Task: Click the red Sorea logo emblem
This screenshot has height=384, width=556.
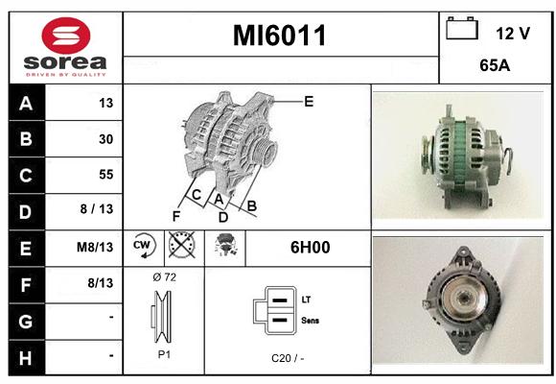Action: tap(66, 36)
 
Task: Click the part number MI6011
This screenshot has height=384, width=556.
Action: tap(279, 36)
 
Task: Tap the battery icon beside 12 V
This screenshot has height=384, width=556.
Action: tap(462, 29)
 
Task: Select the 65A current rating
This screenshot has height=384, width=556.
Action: tap(495, 65)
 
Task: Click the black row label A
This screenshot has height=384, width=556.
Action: tap(27, 103)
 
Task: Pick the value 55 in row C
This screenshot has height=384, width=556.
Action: tap(106, 175)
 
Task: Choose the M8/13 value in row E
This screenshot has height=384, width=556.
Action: tap(95, 247)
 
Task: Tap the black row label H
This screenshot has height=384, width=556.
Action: tap(27, 358)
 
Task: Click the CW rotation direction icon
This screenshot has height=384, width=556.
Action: tap(143, 245)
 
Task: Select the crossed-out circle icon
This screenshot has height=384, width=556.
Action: tap(182, 245)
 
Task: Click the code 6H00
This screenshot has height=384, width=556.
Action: tap(310, 248)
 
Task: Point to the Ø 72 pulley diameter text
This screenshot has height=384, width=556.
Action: tap(165, 277)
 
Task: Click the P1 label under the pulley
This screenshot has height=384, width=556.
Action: tap(164, 354)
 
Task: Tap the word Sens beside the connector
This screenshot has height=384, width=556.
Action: tap(311, 321)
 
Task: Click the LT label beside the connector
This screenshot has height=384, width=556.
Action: tap(306, 300)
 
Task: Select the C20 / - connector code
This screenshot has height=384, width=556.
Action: tap(288, 358)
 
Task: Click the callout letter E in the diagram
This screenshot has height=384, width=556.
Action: tap(309, 102)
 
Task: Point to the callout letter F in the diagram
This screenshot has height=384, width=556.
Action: tap(176, 216)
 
